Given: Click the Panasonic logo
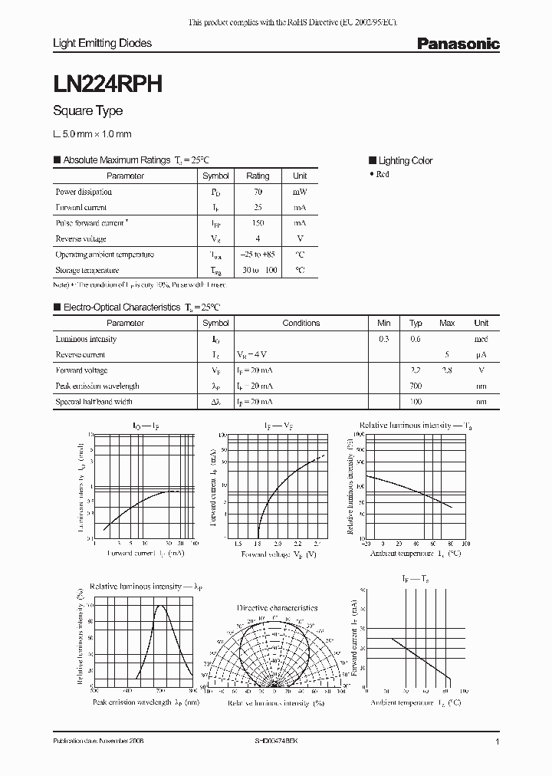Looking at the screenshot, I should click(458, 44).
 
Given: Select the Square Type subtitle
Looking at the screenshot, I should click(87, 111).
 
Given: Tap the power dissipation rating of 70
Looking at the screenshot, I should click(258, 192).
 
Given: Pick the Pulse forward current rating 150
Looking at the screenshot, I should click(258, 223).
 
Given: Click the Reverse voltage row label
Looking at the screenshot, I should click(80, 238).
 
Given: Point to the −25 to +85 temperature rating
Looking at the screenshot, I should click(258, 255).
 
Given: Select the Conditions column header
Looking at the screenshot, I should click(301, 324).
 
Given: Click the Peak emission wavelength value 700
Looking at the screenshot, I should click(416, 386).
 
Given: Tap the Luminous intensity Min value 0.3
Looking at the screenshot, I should click(383, 339).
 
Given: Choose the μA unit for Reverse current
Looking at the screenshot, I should click(481, 355).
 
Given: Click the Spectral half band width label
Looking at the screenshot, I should click(94, 402).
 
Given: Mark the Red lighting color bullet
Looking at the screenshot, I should click(379, 175).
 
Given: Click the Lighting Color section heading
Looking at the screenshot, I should click(405, 161).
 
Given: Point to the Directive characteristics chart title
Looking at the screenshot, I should click(277, 607).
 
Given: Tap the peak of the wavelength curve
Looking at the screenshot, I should click(161, 606).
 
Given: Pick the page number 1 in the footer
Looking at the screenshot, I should click(498, 743).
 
